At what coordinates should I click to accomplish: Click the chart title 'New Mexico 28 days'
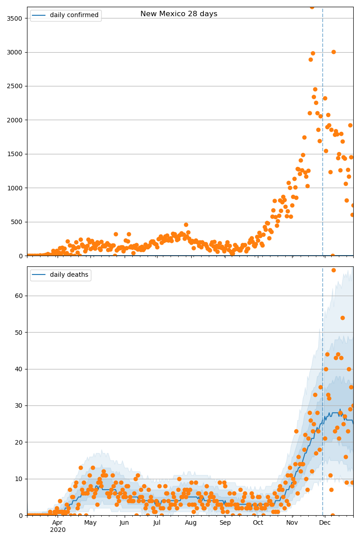click(x=179, y=14)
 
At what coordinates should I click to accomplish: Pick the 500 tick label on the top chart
click(x=18, y=222)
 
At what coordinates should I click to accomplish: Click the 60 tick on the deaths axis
click(x=20, y=296)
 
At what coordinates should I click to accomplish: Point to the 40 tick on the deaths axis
click(x=20, y=369)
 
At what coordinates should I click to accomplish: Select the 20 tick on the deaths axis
click(x=20, y=442)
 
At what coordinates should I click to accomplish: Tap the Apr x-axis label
click(x=57, y=522)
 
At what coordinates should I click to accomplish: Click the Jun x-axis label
click(x=124, y=522)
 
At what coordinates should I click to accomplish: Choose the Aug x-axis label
click(x=191, y=522)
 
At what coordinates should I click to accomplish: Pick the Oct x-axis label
click(x=258, y=522)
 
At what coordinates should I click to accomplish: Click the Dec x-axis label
click(x=325, y=522)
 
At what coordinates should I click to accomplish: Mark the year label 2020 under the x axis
click(x=58, y=530)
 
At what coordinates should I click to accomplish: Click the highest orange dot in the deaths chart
click(x=333, y=270)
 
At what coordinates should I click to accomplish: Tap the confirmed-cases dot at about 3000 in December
click(x=333, y=52)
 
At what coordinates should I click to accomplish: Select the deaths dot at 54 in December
click(x=342, y=318)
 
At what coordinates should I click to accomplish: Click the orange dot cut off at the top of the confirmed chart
click(x=312, y=7)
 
